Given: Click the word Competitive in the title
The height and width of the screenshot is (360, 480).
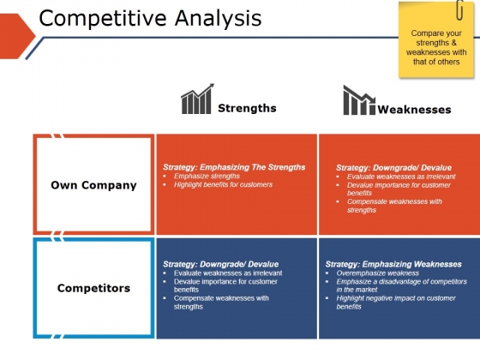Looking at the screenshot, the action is point(103,19).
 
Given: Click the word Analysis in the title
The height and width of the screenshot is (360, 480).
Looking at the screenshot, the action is point(219,19).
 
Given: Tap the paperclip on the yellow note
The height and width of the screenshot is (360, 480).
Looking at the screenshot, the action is point(459,10).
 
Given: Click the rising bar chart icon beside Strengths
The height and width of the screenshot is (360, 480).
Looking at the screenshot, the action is point(197,99).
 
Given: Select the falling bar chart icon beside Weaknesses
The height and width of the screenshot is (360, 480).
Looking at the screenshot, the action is point(359,99).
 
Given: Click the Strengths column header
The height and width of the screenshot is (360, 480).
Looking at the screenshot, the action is point(247,108).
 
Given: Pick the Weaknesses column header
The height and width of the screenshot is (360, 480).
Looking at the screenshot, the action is point(414,110).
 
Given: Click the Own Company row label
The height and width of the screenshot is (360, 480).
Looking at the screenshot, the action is point(93,185).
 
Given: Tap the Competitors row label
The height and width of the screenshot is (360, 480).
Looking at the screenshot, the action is point(93,288).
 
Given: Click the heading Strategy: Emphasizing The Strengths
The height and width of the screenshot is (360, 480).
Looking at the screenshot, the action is point(234,167).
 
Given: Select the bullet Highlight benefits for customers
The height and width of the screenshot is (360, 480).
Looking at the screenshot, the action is point(223,184).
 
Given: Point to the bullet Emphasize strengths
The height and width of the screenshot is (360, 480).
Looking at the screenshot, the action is point(207,176).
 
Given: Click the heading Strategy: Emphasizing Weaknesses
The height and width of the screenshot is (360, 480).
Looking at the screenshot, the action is point(393,264).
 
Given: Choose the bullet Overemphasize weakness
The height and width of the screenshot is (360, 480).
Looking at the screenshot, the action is point(378,273).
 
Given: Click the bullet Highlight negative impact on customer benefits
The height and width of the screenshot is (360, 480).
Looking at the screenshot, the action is point(396,303).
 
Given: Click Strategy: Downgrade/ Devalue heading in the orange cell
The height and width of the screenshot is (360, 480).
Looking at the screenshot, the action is point(393,168).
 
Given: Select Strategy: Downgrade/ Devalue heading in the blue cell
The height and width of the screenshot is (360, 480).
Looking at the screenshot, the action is point(221,264).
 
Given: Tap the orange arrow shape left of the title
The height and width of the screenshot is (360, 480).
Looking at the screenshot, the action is point(17,36).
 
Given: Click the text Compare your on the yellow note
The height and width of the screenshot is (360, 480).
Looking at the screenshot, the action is point(436,33).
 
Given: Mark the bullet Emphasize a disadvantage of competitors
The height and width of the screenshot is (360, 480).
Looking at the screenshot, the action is point(402,282).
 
